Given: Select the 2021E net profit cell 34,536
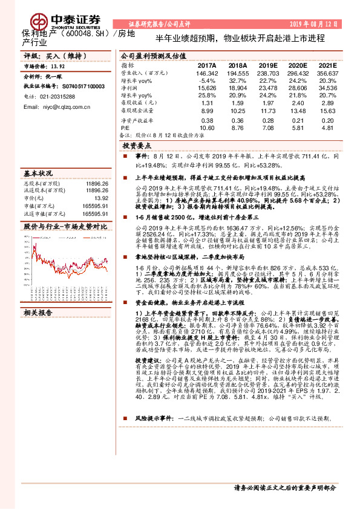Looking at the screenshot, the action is coord(327,88).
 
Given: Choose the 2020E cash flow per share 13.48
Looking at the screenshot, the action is coord(298,111).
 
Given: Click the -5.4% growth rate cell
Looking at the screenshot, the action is coord(206,80).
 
